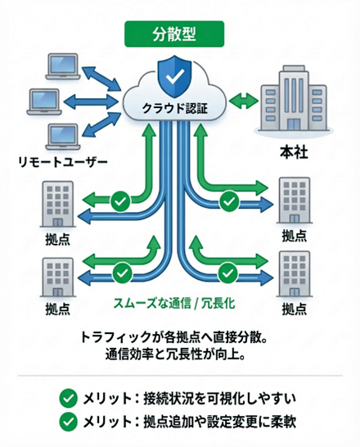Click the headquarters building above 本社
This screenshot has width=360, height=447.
tap(292, 106)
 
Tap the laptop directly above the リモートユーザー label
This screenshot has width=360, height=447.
tap(62, 135)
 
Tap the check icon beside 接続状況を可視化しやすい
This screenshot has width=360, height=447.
tap(69, 399)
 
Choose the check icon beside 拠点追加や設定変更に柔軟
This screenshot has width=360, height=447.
tap(69, 423)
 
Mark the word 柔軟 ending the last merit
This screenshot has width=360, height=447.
tap(290, 423)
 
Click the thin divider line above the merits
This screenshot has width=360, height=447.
tap(180, 376)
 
